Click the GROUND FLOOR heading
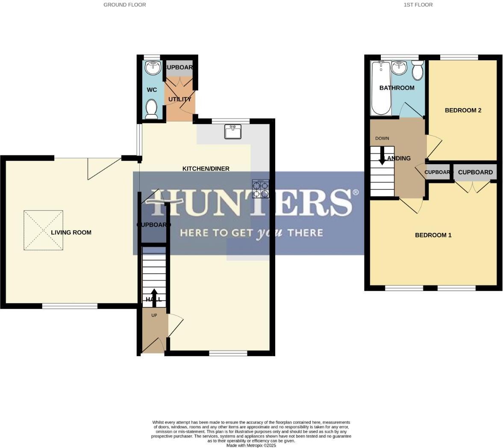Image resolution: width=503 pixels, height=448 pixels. [124, 5]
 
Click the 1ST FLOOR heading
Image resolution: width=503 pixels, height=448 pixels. [418, 5]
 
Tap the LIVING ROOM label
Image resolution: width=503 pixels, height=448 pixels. [71, 233]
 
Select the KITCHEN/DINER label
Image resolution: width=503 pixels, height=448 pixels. [206, 168]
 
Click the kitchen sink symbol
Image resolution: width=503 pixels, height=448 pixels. [233, 132]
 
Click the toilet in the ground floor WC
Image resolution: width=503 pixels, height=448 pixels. [152, 109]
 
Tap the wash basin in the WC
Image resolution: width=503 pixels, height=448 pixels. [153, 68]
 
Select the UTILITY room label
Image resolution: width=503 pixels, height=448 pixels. [179, 99]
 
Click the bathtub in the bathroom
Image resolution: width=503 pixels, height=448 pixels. [380, 88]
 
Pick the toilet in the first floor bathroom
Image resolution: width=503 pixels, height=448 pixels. [418, 71]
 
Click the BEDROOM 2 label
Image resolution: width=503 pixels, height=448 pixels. [463, 110]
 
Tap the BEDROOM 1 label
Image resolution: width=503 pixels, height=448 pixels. [433, 235]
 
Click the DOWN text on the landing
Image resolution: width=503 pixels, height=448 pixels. [382, 139]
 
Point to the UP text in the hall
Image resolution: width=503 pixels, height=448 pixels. [154, 315]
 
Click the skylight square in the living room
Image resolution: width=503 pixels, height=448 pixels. [43, 230]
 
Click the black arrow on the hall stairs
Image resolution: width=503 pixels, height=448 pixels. [154, 298]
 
